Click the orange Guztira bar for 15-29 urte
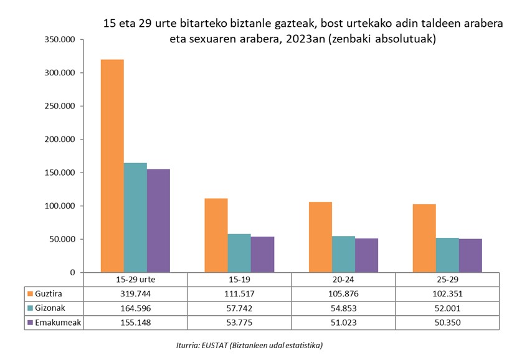click(x=112, y=166)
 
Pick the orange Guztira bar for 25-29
click(x=424, y=238)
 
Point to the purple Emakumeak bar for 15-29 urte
click(x=158, y=220)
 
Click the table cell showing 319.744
click(x=135, y=293)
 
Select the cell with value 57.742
click(x=239, y=308)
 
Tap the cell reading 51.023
click(x=343, y=323)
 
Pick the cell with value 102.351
click(x=447, y=293)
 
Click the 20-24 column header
click(x=343, y=280)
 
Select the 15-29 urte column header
click(x=135, y=280)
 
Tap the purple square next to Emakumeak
click(x=30, y=323)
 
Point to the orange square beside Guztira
click(x=30, y=293)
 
